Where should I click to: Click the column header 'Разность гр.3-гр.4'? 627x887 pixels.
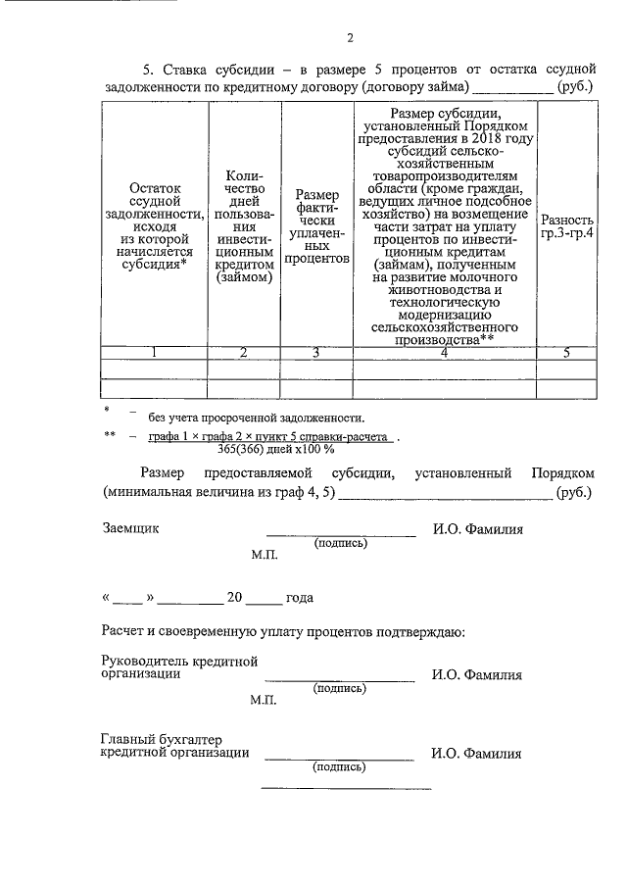pos(568,228)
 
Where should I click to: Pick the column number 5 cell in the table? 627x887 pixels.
pos(567,353)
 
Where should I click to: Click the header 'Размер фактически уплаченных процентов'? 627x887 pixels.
pos(316,228)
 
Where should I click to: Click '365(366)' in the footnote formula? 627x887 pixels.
pos(256,449)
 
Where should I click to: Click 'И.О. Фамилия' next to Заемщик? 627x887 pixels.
pos(477,529)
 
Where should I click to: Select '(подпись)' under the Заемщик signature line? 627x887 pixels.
pos(340,542)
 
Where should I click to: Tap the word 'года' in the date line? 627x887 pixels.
pos(299,597)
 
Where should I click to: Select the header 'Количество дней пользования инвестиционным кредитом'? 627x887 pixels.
pos(244,228)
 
